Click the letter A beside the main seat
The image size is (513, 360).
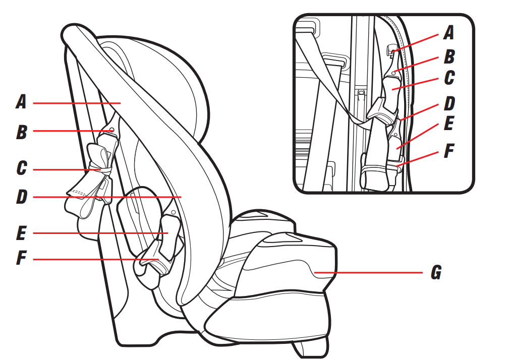pyautogui.click(x=21, y=102)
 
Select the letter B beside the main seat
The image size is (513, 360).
pyautogui.click(x=22, y=132)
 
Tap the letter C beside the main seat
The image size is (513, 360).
pyautogui.click(x=22, y=168)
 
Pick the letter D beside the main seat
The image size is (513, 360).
pyautogui.click(x=22, y=197)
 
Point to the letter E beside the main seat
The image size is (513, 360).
pyautogui.click(x=21, y=233)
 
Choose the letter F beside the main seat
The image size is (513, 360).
pyautogui.click(x=21, y=258)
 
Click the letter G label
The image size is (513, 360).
pyautogui.click(x=436, y=272)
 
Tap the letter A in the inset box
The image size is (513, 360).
pyautogui.click(x=449, y=33)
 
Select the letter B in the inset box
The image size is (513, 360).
pyautogui.click(x=449, y=56)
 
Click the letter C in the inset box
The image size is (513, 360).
pyautogui.click(x=449, y=78)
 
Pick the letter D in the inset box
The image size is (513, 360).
pyautogui.click(x=449, y=103)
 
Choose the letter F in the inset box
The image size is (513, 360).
pyautogui.click(x=449, y=151)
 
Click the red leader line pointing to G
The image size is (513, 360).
pyautogui.click(x=368, y=272)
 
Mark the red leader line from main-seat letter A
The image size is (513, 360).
pyautogui.click(x=77, y=103)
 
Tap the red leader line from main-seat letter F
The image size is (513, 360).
pyautogui.click(x=96, y=259)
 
